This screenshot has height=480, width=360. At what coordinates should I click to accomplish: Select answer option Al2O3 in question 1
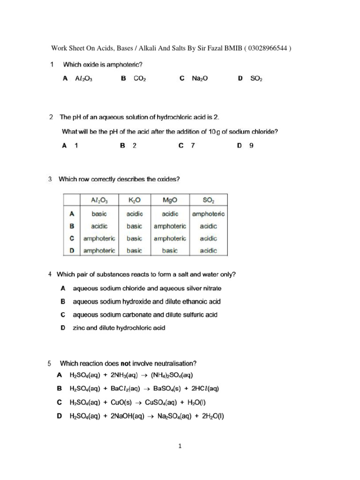83,79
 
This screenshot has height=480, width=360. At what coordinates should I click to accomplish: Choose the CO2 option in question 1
140,79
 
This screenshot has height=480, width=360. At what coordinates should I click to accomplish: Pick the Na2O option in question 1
200,79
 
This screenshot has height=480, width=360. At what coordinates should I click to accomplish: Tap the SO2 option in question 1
256,79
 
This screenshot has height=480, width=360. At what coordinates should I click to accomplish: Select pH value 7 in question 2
192,146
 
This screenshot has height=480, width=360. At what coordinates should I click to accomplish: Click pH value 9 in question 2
252,146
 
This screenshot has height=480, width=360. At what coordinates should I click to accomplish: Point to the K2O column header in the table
135,200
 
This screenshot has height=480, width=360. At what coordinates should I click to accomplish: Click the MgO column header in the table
170,200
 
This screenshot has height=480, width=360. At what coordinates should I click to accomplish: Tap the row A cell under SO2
209,214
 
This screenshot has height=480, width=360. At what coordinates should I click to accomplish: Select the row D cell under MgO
170,251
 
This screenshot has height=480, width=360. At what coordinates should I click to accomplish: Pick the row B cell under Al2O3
99,226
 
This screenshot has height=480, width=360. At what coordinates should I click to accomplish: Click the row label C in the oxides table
72,239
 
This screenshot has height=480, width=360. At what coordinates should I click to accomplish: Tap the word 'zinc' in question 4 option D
79,328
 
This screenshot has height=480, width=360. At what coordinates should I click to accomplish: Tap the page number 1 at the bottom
180,446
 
